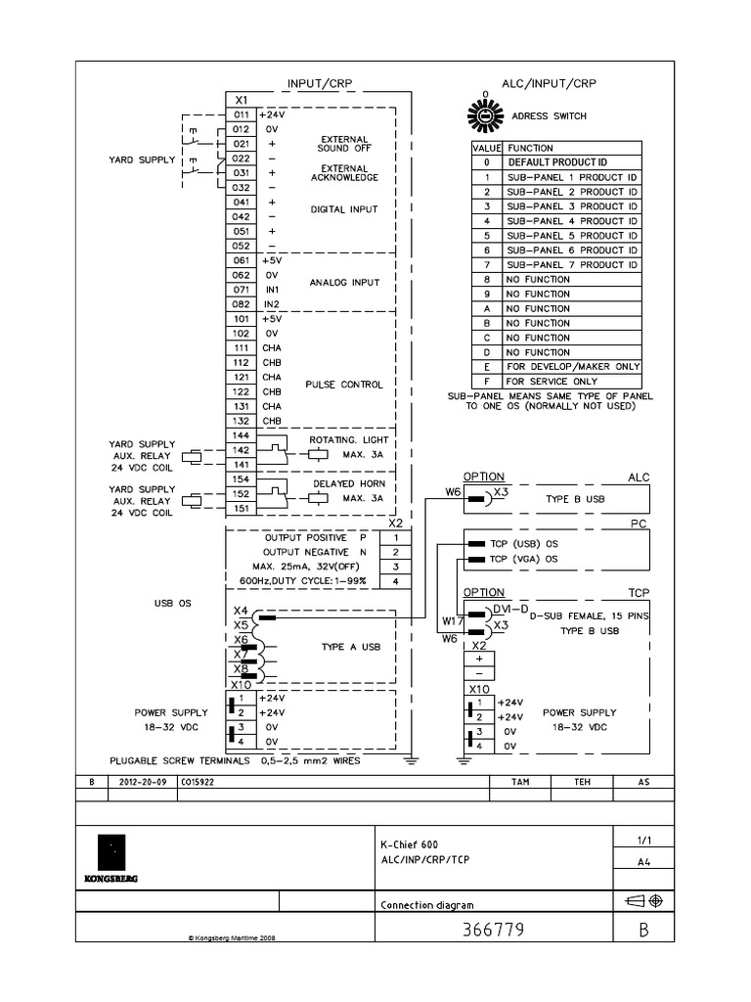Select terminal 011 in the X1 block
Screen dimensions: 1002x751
tap(242, 114)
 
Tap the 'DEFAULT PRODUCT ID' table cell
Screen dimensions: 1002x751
tap(572, 162)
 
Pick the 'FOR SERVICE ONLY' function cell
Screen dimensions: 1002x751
tap(572, 381)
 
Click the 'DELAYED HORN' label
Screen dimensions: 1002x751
tap(349, 484)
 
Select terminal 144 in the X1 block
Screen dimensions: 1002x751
tap(242, 433)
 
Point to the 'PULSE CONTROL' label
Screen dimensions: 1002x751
tap(346, 385)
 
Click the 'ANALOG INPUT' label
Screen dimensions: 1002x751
tap(344, 283)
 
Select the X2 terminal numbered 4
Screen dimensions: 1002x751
tap(395, 581)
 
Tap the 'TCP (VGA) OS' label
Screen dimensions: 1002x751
tap(523, 559)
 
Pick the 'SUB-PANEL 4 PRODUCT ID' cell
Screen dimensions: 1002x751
tap(572, 221)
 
